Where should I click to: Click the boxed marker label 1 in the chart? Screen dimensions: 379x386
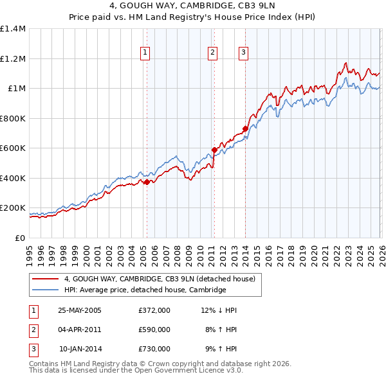coord(146,53)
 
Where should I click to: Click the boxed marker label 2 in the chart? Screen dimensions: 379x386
coord(212,53)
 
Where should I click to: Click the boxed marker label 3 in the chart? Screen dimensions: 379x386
coord(244,53)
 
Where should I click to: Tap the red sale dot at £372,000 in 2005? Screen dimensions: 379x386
coord(147,182)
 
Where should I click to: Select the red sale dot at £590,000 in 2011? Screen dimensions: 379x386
coord(214,150)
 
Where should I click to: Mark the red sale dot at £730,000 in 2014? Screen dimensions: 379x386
coord(245,129)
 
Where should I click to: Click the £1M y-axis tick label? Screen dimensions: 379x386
coord(16,89)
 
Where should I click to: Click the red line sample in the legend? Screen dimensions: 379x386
coord(46,279)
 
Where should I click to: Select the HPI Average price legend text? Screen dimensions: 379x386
coord(145,290)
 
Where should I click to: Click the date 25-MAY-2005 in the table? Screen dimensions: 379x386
coord(80,310)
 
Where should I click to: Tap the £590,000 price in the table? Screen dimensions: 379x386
coord(154,330)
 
